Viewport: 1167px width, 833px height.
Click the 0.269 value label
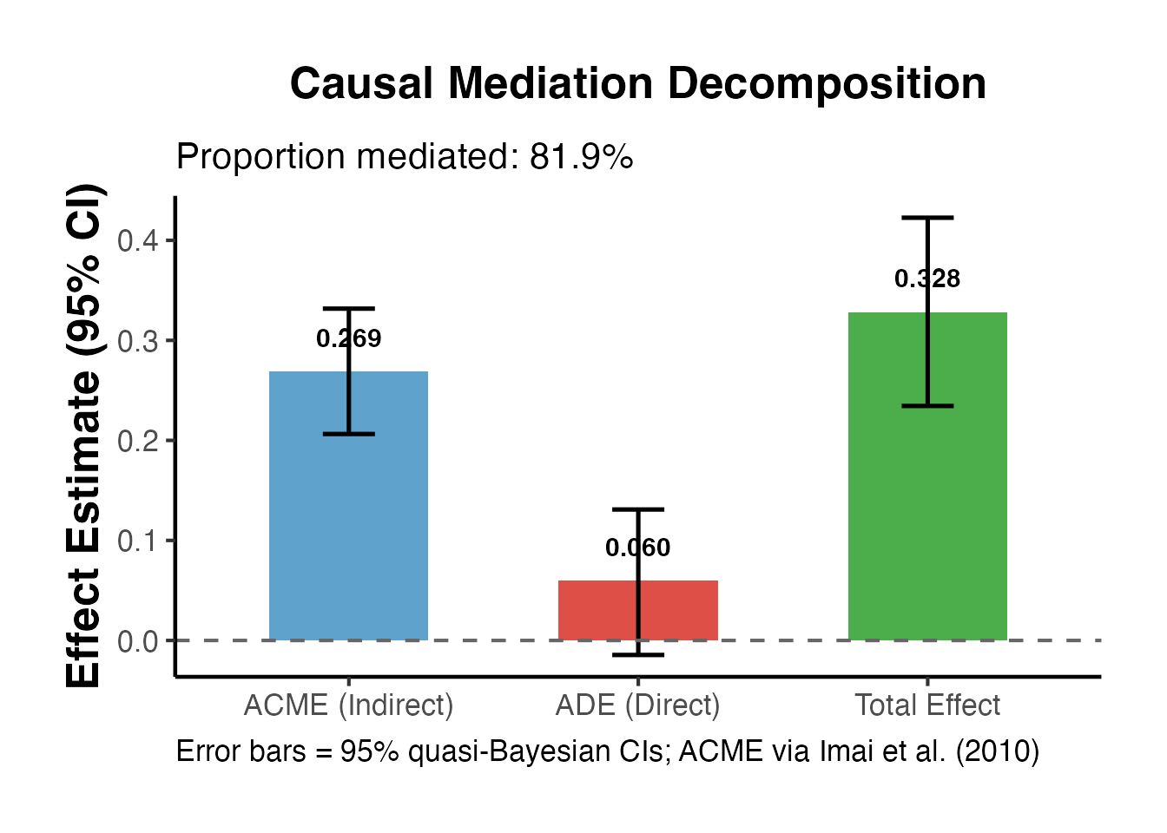tap(348, 338)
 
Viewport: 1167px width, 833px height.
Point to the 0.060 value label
tap(638, 548)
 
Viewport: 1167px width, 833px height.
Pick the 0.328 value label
tap(927, 279)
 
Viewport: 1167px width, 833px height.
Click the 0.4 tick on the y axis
tap(138, 240)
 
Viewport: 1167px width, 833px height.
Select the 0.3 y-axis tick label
tap(138, 340)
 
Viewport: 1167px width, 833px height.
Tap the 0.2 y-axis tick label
tap(138, 441)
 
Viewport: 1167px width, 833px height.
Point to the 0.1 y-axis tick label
tap(138, 541)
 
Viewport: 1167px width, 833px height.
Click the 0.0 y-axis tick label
tap(138, 641)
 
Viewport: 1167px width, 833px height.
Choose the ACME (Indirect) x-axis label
tap(348, 705)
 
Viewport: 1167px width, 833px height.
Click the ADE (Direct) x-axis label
tap(638, 705)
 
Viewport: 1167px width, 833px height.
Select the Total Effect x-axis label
tap(927, 705)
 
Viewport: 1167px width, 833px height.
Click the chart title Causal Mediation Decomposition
tap(638, 84)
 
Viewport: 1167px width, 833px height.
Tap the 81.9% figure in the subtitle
tap(581, 157)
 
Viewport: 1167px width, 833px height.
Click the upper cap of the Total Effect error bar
tap(927, 218)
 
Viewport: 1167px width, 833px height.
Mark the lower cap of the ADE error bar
tap(638, 654)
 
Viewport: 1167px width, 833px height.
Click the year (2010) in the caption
tap(998, 751)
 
